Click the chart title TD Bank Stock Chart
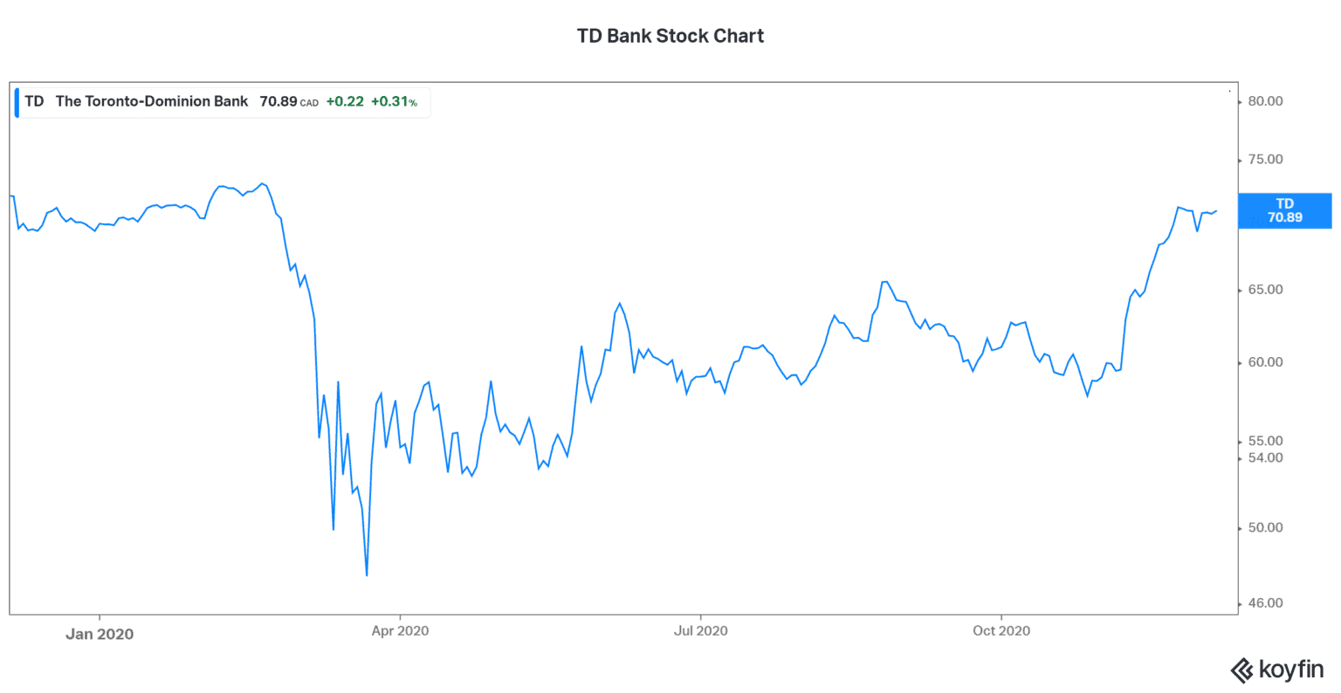pyautogui.click(x=670, y=36)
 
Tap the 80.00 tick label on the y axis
pyautogui.click(x=1265, y=101)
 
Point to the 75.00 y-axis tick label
pyautogui.click(x=1265, y=160)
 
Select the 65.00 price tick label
pyautogui.click(x=1265, y=290)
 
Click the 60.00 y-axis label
pyautogui.click(x=1265, y=362)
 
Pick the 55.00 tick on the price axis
pyautogui.click(x=1265, y=441)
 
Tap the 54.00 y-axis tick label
pyautogui.click(x=1265, y=457)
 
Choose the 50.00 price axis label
pyautogui.click(x=1265, y=528)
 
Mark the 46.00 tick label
pyautogui.click(x=1265, y=603)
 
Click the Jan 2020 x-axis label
pyautogui.click(x=100, y=635)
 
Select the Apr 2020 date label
pyautogui.click(x=400, y=631)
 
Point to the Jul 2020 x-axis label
pyautogui.click(x=700, y=631)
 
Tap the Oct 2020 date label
pyautogui.click(x=1001, y=631)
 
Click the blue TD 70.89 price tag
pyautogui.click(x=1284, y=210)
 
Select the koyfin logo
pyautogui.click(x=1276, y=669)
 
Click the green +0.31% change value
pyautogui.click(x=394, y=102)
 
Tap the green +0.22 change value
pyautogui.click(x=345, y=102)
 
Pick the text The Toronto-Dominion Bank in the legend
pyautogui.click(x=152, y=102)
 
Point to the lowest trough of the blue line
pyautogui.click(x=367, y=575)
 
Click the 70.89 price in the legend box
pyautogui.click(x=279, y=102)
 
